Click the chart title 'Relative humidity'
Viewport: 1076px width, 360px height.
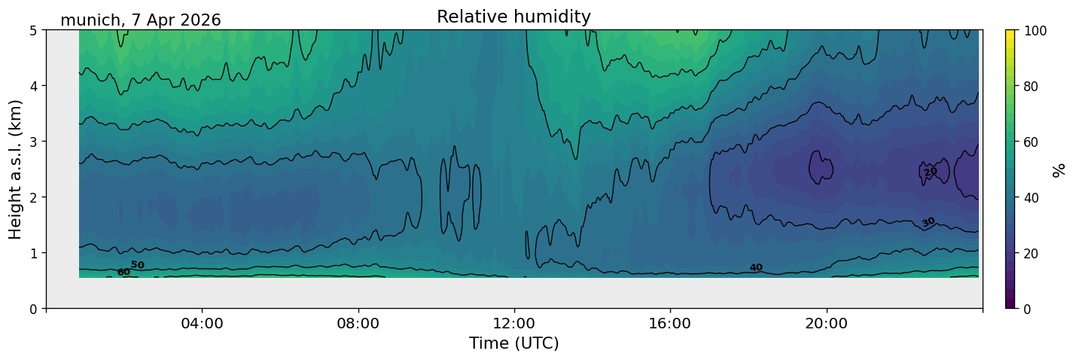click(x=514, y=17)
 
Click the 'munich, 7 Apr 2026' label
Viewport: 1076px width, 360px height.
click(x=140, y=20)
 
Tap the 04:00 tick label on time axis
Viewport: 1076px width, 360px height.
click(x=202, y=323)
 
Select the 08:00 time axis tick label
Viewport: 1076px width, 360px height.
click(x=358, y=323)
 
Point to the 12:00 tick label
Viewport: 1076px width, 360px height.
click(x=514, y=323)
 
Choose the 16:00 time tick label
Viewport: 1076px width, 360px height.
click(x=670, y=323)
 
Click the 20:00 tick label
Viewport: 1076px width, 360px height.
click(x=826, y=323)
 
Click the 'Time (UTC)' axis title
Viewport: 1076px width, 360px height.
click(x=514, y=343)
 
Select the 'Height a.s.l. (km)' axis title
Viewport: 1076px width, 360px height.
click(x=15, y=169)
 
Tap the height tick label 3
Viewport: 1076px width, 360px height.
click(x=34, y=142)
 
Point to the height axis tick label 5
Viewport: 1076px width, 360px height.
click(x=34, y=31)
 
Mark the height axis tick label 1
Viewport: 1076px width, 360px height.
click(x=34, y=253)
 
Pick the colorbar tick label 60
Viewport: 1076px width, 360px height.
click(x=1031, y=142)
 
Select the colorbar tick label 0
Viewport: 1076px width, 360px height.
click(x=1027, y=309)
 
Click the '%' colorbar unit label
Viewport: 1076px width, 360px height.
click(x=1058, y=169)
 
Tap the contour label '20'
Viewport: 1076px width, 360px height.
click(x=931, y=172)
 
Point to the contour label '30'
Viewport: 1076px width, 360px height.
click(x=928, y=222)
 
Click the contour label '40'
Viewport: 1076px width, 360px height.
click(x=756, y=267)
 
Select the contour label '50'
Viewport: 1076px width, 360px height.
click(x=137, y=265)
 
